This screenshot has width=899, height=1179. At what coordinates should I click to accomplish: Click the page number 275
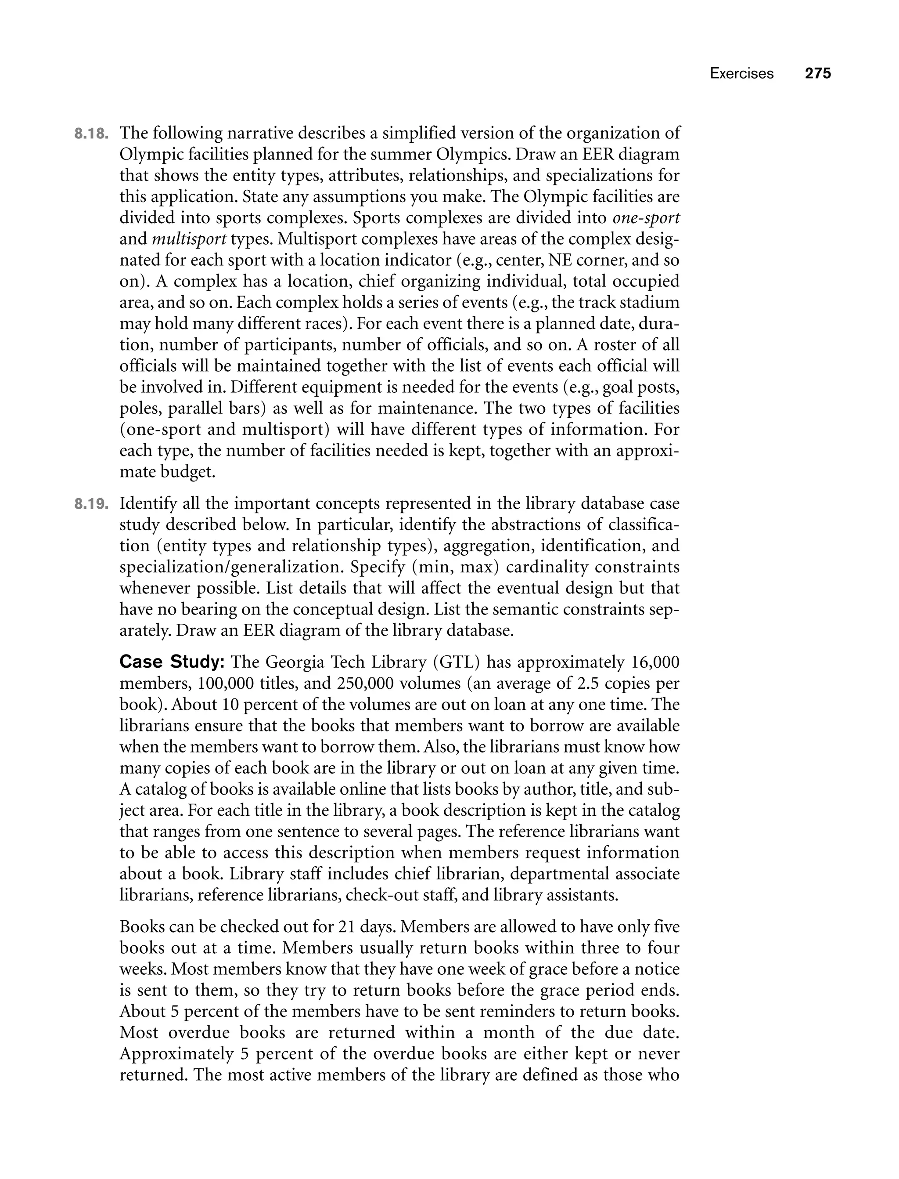point(818,73)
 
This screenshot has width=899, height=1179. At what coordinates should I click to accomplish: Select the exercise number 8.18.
point(91,134)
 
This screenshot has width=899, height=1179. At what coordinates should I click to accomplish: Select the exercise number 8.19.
point(91,504)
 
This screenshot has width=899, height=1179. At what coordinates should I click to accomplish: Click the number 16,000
point(655,662)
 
